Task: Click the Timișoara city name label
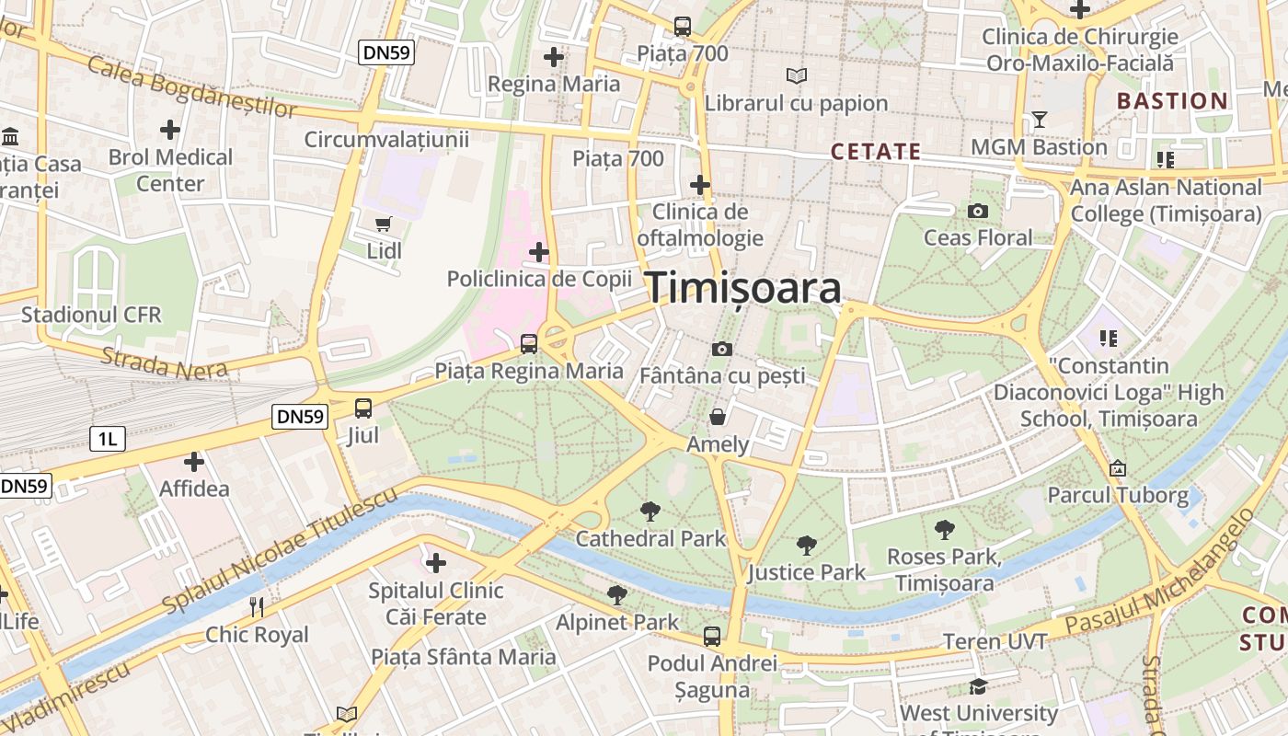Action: coord(743,288)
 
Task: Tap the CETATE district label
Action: coord(875,152)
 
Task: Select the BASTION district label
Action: coord(1172,101)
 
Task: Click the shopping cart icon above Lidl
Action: coord(384,224)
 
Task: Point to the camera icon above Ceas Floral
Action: coord(978,212)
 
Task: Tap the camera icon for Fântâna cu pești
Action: coord(722,349)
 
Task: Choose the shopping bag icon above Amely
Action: coord(718,418)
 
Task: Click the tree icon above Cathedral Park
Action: coord(650,512)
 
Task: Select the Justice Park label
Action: coord(807,572)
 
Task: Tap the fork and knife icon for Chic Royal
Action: coord(257,607)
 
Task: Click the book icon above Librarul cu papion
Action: coord(797,76)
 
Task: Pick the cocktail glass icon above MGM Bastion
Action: coord(1040,120)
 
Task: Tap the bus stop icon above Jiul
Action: coord(363,408)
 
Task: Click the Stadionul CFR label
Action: coord(91,315)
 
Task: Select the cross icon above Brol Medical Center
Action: coord(170,130)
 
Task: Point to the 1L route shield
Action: coord(108,439)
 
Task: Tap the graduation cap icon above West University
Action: coord(978,687)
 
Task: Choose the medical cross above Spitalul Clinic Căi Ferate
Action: coord(436,562)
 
